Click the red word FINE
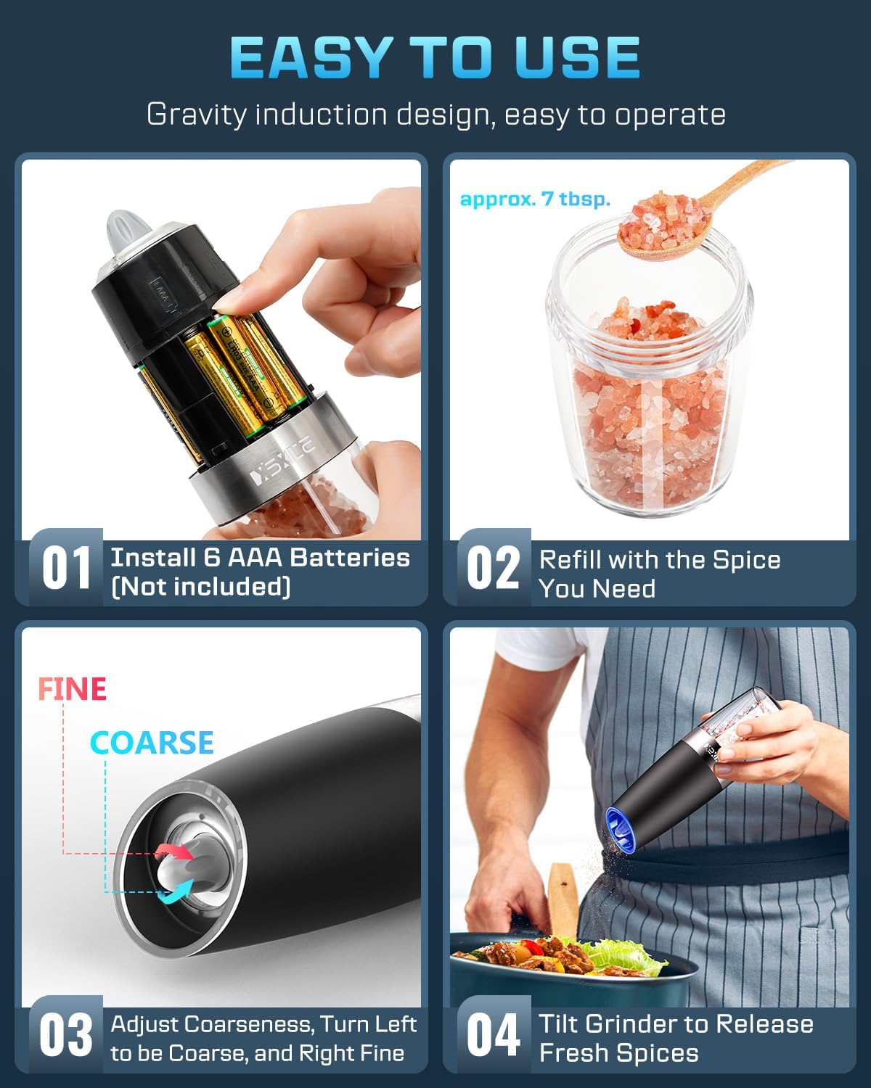pos(72,689)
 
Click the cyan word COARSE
pos(152,743)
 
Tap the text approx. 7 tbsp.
pos(535,199)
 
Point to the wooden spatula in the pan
pos(561,892)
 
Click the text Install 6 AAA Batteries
pos(260,558)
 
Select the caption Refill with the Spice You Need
pos(659,573)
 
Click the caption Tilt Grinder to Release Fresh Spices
pos(675,1038)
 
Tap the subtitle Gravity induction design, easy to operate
pos(435,115)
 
